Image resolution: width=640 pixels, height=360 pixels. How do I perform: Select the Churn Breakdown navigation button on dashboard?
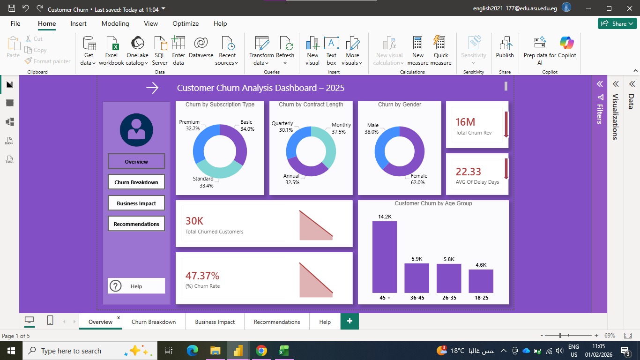point(136,182)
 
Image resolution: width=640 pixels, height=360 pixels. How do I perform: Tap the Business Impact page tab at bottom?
point(215,322)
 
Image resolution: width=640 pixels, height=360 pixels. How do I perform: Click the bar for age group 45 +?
point(385,257)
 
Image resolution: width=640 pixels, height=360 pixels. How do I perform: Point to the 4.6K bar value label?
point(481,265)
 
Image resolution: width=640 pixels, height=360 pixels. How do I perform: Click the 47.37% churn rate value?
point(202,276)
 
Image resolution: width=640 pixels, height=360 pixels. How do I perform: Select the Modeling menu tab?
point(115,23)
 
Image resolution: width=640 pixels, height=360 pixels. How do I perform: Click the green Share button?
point(617,23)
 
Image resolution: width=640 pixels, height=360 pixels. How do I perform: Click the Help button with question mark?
point(136,286)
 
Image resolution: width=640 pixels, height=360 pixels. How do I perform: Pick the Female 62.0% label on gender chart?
point(418,179)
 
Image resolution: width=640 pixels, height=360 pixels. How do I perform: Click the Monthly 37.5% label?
point(341,128)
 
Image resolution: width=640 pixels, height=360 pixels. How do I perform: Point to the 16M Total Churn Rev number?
point(465,122)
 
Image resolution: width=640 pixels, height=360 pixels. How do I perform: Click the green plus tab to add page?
point(350,321)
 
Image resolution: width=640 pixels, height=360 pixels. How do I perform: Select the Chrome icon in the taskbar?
point(261,351)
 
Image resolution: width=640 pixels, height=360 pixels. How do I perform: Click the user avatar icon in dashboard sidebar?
point(136,130)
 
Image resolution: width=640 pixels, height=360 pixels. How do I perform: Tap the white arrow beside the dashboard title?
point(152,88)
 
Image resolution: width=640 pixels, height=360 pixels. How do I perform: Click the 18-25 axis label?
point(482,298)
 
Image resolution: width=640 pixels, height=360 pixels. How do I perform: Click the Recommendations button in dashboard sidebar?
point(136,224)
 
